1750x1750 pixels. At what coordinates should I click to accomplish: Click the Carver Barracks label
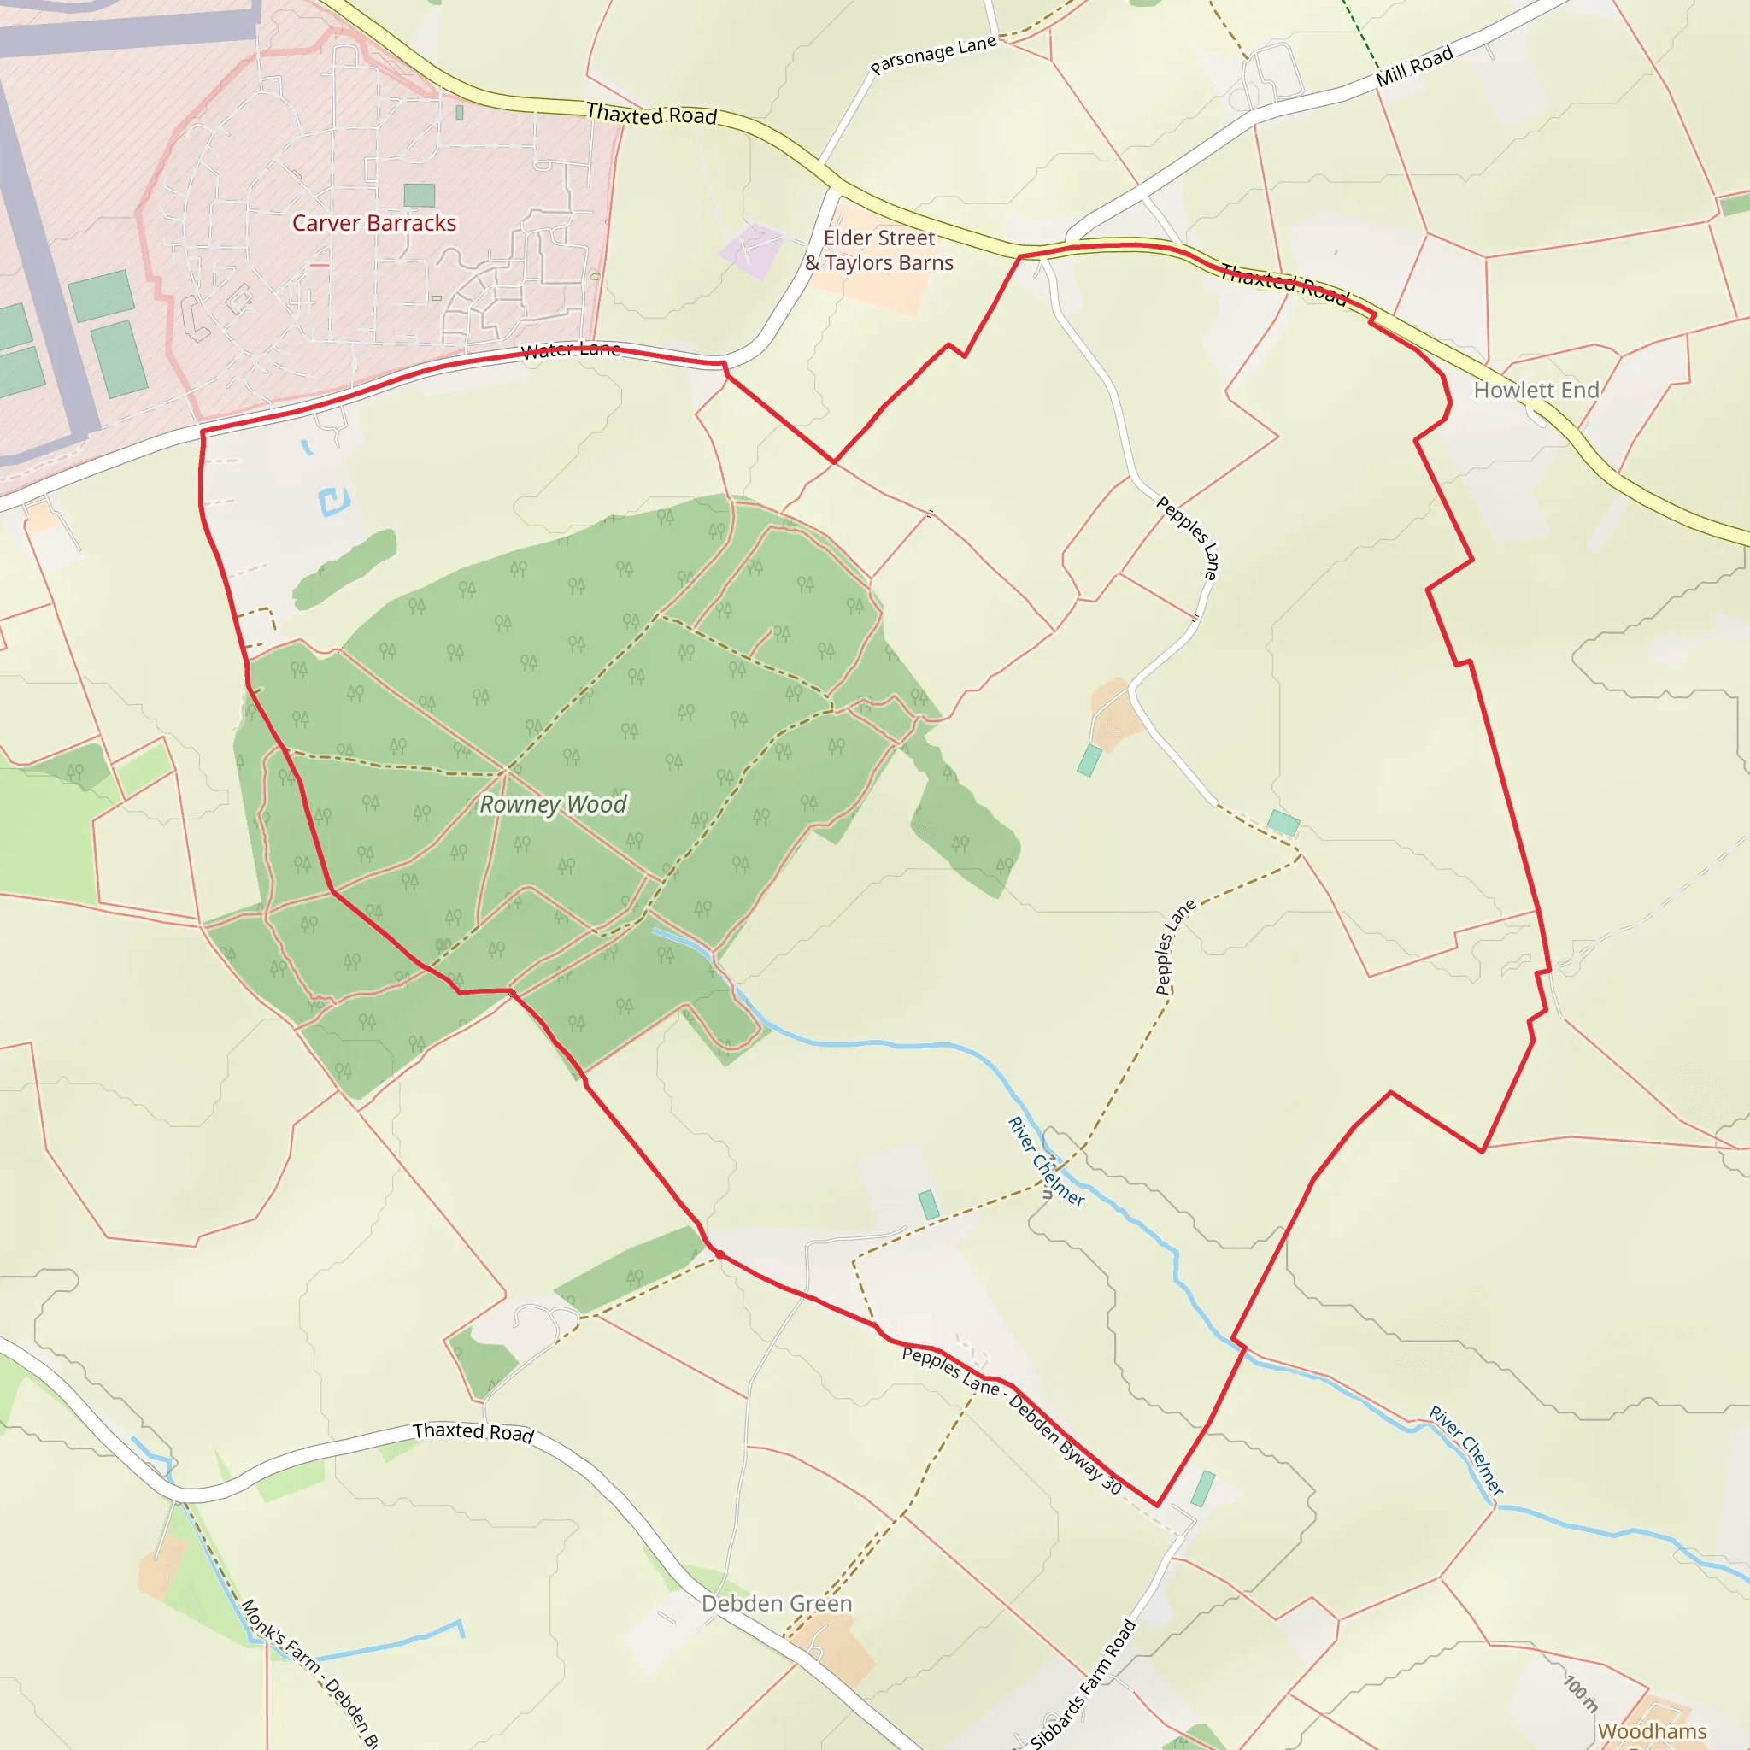pyautogui.click(x=374, y=223)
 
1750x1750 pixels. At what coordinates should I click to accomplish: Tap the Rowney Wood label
pyautogui.click(x=553, y=804)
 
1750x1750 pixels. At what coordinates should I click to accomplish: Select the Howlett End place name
pyautogui.click(x=1536, y=390)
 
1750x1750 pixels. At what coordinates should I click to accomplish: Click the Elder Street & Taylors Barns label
pyautogui.click(x=879, y=250)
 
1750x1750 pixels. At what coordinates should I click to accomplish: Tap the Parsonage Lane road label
pyautogui.click(x=933, y=56)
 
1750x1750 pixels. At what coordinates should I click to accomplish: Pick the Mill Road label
pyautogui.click(x=1414, y=65)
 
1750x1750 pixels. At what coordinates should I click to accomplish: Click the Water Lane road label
pyautogui.click(x=571, y=350)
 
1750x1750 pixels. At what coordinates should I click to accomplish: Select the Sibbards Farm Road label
pyautogui.click(x=1083, y=1683)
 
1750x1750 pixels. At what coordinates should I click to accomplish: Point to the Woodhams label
pyautogui.click(x=1651, y=1731)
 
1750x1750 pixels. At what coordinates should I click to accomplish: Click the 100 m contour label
pyautogui.click(x=1581, y=1692)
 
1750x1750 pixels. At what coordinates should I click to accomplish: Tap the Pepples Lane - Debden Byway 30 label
pyautogui.click(x=1012, y=1418)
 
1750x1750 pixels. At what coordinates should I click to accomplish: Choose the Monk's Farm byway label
pyautogui.click(x=308, y=1672)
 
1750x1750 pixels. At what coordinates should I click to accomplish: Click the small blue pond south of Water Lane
pyautogui.click(x=333, y=501)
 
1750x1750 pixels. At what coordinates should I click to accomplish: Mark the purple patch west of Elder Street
pyautogui.click(x=751, y=250)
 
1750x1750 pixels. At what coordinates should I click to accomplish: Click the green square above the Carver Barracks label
pyautogui.click(x=419, y=195)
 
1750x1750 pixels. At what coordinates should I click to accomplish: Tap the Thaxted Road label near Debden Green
pyautogui.click(x=473, y=1431)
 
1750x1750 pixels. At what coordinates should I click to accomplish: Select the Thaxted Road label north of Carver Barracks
pyautogui.click(x=651, y=115)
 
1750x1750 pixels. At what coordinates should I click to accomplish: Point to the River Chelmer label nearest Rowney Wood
pyautogui.click(x=1046, y=1161)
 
